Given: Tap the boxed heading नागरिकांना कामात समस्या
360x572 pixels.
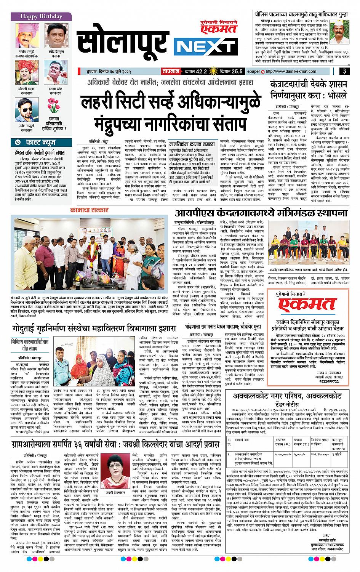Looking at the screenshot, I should [x=191, y=144].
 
